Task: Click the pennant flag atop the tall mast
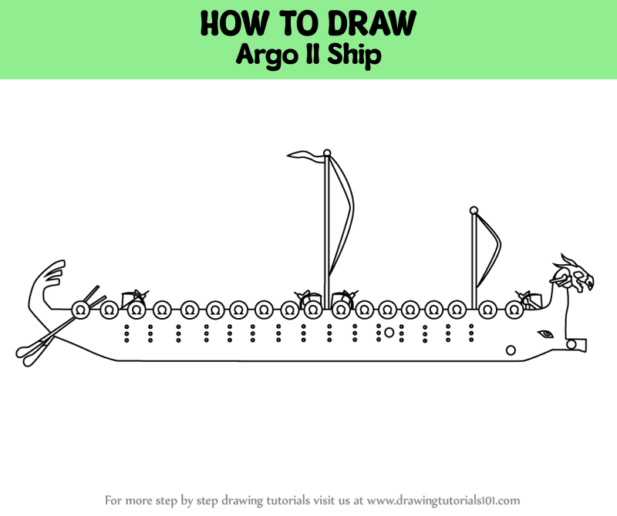click(306, 157)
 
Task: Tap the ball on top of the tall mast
click(327, 152)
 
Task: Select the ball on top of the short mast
click(474, 209)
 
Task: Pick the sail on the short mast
click(487, 250)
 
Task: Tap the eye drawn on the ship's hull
click(545, 334)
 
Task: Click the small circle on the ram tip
click(571, 343)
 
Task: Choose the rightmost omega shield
click(514, 310)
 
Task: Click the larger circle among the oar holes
click(389, 333)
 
